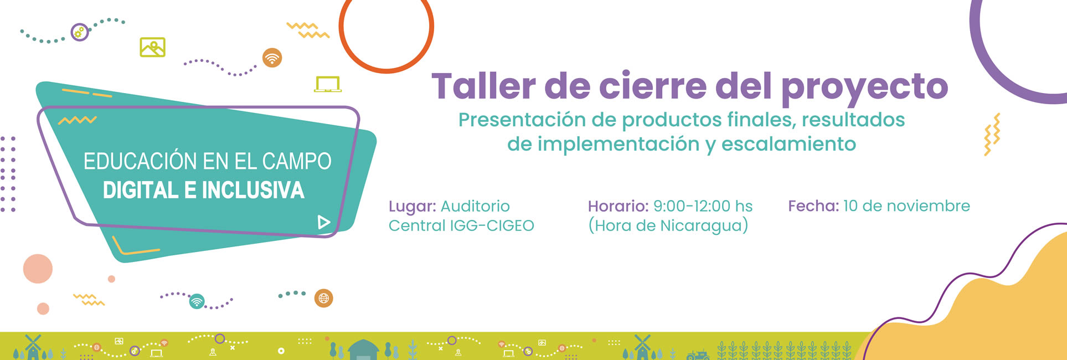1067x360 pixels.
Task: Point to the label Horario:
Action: pyautogui.click(x=618, y=206)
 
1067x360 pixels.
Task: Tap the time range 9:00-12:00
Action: pyautogui.click(x=692, y=206)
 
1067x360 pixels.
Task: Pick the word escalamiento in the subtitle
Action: pyautogui.click(x=788, y=144)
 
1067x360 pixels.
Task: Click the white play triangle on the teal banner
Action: pyautogui.click(x=324, y=222)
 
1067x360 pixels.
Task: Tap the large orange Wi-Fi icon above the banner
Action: pyautogui.click(x=272, y=58)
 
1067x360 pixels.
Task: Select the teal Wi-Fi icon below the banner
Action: pyautogui.click(x=197, y=301)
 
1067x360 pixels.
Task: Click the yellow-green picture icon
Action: pyautogui.click(x=153, y=47)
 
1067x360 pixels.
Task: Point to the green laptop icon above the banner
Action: pyautogui.click(x=328, y=84)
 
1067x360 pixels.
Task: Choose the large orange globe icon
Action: pyautogui.click(x=324, y=299)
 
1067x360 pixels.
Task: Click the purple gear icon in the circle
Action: pyautogui.click(x=80, y=32)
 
